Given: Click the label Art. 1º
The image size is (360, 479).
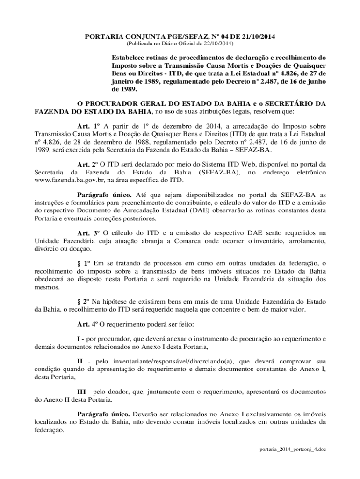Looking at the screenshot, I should tap(89, 126).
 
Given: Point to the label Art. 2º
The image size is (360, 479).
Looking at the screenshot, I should tap(87, 164).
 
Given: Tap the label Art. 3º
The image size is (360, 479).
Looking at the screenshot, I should tap(88, 232).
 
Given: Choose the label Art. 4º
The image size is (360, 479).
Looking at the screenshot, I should tap(87, 324).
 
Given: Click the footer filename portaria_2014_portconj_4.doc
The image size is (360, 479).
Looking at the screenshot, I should tap(293, 450).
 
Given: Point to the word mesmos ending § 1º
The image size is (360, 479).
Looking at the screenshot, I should tap(46, 286).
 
